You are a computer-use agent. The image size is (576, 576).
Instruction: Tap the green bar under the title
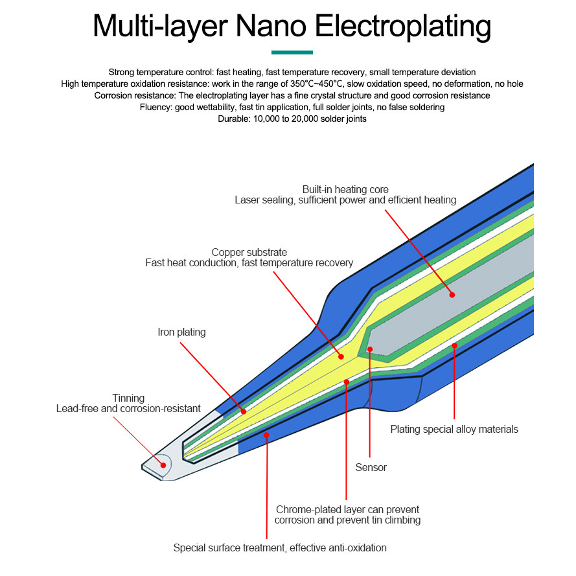[x=292, y=52]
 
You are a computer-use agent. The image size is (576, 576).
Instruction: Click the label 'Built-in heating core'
[x=345, y=189]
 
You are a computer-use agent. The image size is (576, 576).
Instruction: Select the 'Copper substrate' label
[x=249, y=252]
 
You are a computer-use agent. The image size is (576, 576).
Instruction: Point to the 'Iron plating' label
[x=181, y=332]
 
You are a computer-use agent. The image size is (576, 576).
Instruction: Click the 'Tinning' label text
[x=128, y=398]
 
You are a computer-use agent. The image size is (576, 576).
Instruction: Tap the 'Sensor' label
[x=371, y=467]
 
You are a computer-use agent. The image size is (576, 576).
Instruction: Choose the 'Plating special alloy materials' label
[x=454, y=429]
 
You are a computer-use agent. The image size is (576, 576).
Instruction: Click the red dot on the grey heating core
[x=452, y=295]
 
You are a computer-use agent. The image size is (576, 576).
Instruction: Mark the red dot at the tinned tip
[x=163, y=465]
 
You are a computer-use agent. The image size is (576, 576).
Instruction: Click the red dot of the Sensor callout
[x=370, y=349]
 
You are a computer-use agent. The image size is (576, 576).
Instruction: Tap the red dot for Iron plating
[x=244, y=411]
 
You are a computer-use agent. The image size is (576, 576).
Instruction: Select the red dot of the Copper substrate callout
[x=341, y=356]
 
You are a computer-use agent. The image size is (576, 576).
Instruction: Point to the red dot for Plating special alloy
[x=454, y=345]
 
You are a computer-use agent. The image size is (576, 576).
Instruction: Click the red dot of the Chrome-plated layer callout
[x=347, y=382]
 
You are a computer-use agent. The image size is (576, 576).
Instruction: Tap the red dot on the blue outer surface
[x=266, y=436]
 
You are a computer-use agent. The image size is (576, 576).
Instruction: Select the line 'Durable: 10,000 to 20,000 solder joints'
[x=292, y=119]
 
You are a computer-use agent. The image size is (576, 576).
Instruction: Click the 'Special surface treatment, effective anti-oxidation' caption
[x=279, y=548]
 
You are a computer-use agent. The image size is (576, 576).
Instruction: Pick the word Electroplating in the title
[x=402, y=26]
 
